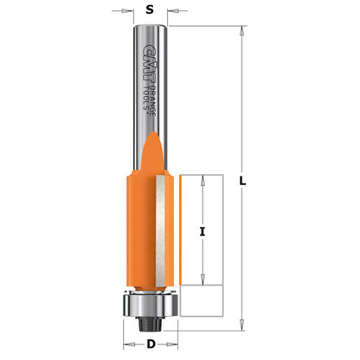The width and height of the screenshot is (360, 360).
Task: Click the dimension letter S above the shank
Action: pos(150,12)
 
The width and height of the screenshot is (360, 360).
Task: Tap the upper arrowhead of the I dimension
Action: pos(203,178)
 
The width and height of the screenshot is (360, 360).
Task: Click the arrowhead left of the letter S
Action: pos(130,12)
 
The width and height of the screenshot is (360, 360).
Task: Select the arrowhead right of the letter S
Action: pos(170,12)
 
